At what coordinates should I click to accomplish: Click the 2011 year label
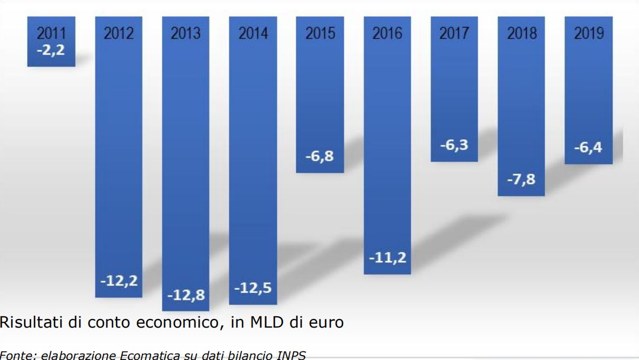pyautogui.click(x=51, y=33)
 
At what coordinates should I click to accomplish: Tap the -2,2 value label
pyautogui.click(x=51, y=52)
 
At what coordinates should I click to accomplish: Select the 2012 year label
pyautogui.click(x=119, y=33)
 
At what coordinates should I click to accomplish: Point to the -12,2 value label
pyautogui.click(x=119, y=281)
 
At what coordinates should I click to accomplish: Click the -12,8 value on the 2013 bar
pyautogui.click(x=186, y=295)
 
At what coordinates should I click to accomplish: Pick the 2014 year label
pyautogui.click(x=253, y=33)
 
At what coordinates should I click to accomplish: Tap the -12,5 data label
pyautogui.click(x=253, y=288)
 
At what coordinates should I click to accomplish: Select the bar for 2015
pyautogui.click(x=320, y=97)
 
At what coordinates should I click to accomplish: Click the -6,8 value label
pyautogui.click(x=320, y=158)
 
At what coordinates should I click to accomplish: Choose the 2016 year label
pyautogui.click(x=387, y=33)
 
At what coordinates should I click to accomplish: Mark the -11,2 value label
pyautogui.click(x=387, y=257)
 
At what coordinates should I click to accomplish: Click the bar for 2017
pyautogui.click(x=454, y=92)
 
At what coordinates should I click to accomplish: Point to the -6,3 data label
pyautogui.click(x=454, y=145)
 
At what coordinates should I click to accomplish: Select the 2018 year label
pyautogui.click(x=521, y=33)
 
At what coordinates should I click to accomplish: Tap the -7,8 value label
pyautogui.click(x=521, y=179)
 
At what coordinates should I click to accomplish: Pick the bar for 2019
pyautogui.click(x=588, y=92)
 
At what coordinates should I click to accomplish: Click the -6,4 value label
pyautogui.click(x=588, y=147)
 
